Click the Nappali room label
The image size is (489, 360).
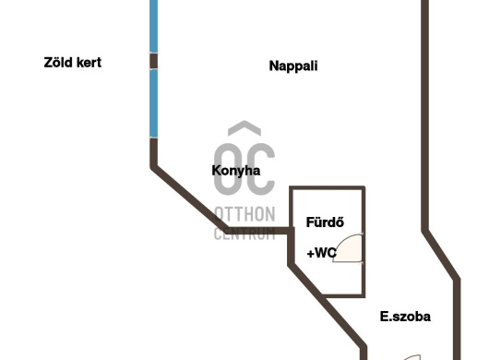(x=293, y=66)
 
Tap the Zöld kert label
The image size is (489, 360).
(x=73, y=63)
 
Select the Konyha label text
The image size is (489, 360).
(x=236, y=171)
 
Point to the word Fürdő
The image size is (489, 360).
(x=325, y=222)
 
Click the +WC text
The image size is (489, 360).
(x=321, y=253)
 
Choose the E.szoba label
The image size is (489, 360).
(x=405, y=317)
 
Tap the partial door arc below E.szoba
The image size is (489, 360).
(x=411, y=357)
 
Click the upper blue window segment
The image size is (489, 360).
(x=153, y=26)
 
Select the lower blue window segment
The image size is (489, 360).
(x=153, y=103)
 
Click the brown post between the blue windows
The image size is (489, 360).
(x=153, y=61)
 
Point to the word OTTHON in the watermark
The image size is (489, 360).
(x=244, y=214)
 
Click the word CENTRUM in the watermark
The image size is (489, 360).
(x=244, y=234)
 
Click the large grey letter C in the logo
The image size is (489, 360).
(x=260, y=170)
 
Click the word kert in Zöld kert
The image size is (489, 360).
(x=89, y=63)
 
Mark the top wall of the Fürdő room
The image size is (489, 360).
(x=328, y=187)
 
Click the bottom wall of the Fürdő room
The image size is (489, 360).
(x=343, y=295)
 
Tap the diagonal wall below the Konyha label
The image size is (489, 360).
(x=190, y=199)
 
